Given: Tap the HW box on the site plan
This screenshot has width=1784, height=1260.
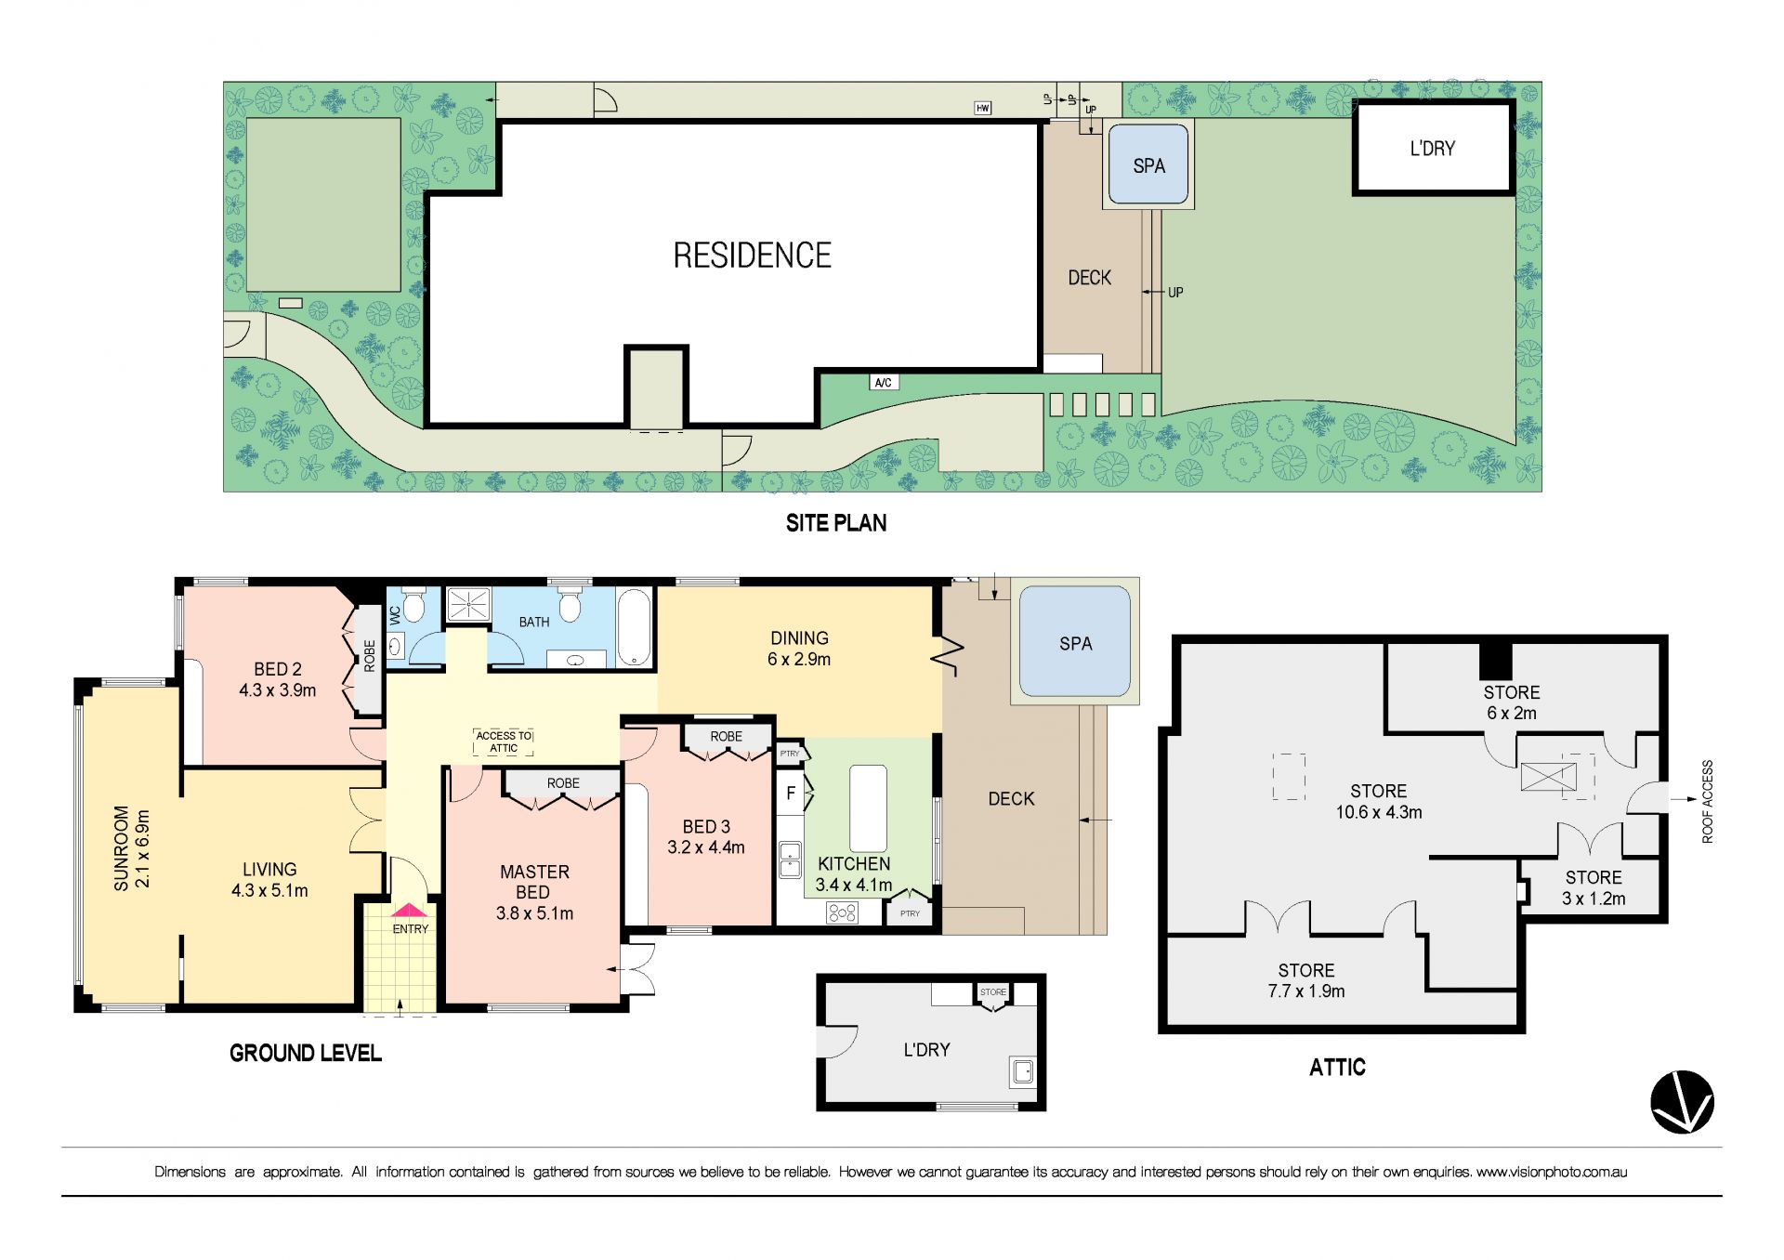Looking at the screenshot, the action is click(x=983, y=108).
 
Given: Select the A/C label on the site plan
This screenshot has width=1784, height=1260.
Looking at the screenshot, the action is click(x=884, y=383).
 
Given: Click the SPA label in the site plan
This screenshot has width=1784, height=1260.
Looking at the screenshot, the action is click(x=1148, y=165).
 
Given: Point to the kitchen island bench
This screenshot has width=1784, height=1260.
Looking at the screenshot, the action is click(x=868, y=808).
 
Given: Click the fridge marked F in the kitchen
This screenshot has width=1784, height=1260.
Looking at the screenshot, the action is click(x=791, y=794).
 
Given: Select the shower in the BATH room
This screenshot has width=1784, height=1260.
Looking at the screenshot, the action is click(x=468, y=604).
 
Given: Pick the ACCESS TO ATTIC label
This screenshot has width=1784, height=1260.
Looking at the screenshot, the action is click(x=504, y=742).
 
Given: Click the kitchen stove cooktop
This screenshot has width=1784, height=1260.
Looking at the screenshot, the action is click(x=842, y=912).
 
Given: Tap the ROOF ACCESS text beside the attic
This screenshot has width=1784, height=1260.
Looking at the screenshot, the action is click(x=1707, y=801).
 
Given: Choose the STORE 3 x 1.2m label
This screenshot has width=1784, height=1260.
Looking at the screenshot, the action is click(x=1594, y=887).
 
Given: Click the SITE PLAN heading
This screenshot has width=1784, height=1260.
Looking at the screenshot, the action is click(x=836, y=523).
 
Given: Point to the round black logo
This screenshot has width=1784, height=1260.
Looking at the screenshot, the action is click(x=1682, y=1102).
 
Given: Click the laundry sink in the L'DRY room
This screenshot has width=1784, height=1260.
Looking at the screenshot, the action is click(x=1023, y=1071).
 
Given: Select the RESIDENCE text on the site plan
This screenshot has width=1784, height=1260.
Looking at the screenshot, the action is click(x=753, y=256).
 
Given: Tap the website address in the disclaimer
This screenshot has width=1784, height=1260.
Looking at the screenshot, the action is click(x=1552, y=1172).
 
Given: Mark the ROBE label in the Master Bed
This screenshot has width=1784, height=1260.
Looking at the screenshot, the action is click(x=563, y=783).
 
